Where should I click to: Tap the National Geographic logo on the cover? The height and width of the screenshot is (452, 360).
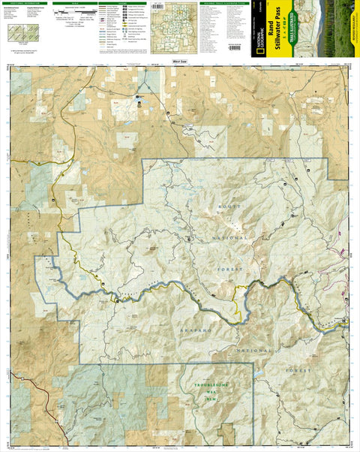point(260,30)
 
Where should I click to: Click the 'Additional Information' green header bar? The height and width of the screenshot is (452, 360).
point(28,3)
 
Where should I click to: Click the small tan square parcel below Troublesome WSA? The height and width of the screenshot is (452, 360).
point(226,432)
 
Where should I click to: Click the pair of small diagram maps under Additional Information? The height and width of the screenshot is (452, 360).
point(23,34)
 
